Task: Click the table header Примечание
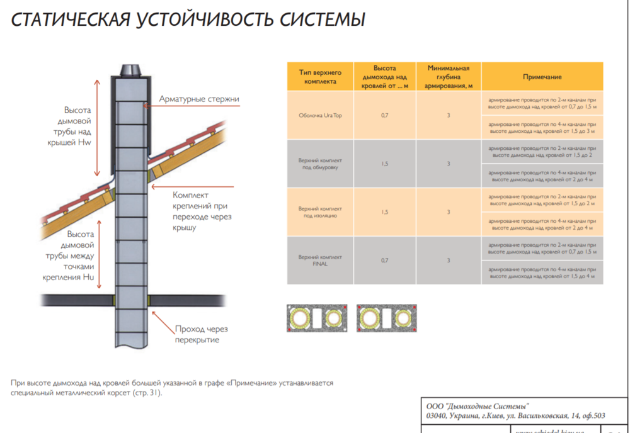542,77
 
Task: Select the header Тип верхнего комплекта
320,77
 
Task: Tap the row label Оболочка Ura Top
320,116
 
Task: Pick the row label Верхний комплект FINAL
320,261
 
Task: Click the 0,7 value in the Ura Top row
384,116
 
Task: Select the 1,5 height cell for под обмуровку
384,164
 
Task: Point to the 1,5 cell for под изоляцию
384,212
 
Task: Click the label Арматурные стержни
199,99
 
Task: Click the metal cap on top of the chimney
131,70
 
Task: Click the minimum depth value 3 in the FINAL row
449,261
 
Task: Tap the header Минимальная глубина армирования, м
449,77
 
